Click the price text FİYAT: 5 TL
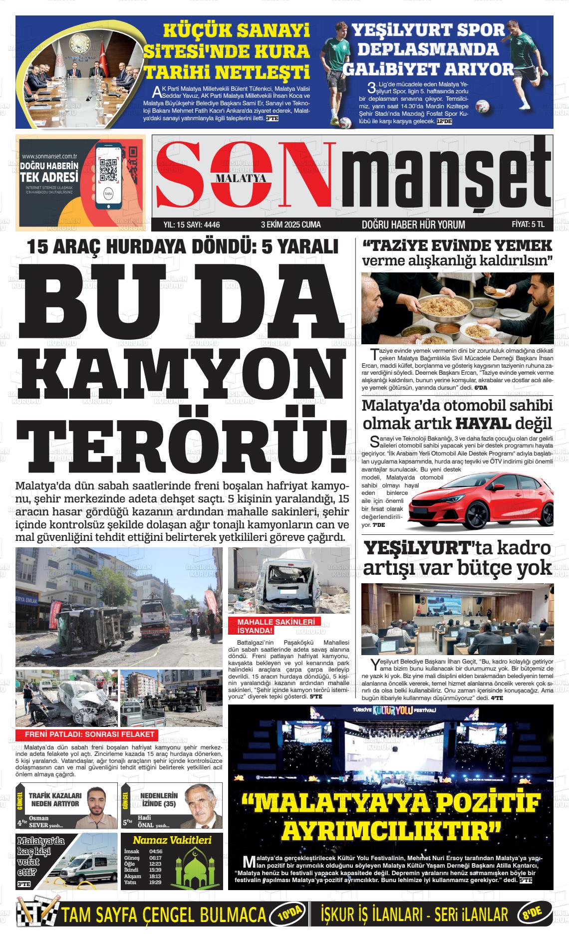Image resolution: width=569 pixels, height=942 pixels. (528, 225)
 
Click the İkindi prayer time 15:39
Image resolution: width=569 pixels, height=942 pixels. (155, 870)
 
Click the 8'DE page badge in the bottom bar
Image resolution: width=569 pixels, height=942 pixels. (533, 915)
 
